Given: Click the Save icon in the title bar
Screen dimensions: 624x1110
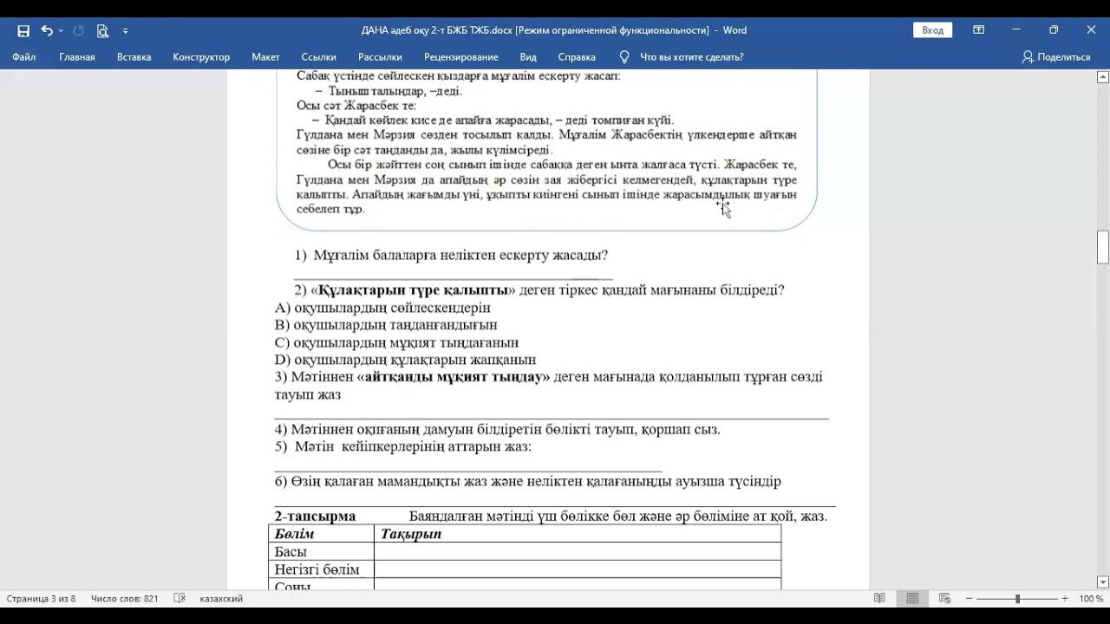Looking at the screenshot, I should tap(23, 30).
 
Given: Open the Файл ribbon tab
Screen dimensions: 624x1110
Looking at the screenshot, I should tap(24, 57).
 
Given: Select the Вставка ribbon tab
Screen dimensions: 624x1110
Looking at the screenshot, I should tap(134, 57).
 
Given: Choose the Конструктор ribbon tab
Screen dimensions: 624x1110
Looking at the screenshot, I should tap(201, 57).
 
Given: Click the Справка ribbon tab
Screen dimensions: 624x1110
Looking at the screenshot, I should tap(577, 57).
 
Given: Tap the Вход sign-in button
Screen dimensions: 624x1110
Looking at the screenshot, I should tap(932, 30).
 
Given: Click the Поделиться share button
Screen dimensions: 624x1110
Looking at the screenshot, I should tap(1056, 57).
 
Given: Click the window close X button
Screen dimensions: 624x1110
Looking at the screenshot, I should tap(1091, 30).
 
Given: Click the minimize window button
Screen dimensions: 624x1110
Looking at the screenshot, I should tap(1016, 30).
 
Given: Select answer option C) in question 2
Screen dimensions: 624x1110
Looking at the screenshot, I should tap(396, 342).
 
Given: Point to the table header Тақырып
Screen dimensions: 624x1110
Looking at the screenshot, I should tap(411, 534).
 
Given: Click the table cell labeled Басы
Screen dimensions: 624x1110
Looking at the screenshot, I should tap(291, 552).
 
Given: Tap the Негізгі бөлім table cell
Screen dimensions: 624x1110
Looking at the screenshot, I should tap(317, 569).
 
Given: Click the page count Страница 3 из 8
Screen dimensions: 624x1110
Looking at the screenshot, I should tap(41, 599).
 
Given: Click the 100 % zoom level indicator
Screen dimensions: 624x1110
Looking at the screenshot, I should tap(1090, 599).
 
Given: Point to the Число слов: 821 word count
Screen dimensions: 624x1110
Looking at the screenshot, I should tap(125, 599).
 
